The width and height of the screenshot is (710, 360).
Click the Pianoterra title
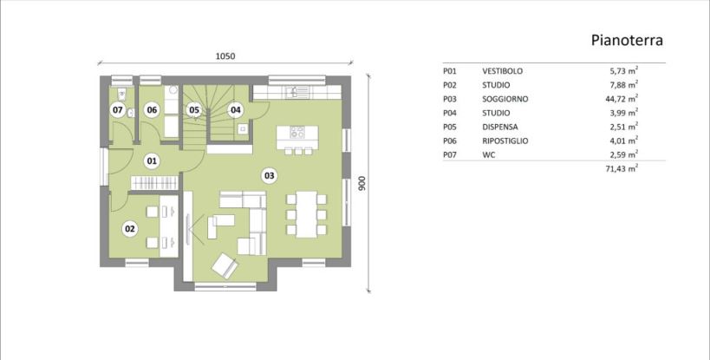(x=627, y=40)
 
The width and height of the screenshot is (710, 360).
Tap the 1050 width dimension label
(x=225, y=56)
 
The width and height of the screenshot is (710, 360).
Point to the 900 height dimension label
(x=362, y=183)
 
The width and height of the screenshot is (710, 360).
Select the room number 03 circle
(x=269, y=175)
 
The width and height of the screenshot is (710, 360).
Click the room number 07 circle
(x=118, y=109)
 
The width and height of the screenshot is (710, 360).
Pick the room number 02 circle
(x=130, y=229)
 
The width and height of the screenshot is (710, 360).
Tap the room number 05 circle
(x=194, y=109)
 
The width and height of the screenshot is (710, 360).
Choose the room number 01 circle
(x=152, y=160)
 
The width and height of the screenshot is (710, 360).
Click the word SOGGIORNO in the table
(x=505, y=99)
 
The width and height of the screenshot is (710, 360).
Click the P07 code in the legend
(x=450, y=155)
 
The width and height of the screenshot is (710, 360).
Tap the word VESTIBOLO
(x=502, y=71)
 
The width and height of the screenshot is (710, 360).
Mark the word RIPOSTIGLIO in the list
(x=505, y=141)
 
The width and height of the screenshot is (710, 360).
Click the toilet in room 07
(x=122, y=94)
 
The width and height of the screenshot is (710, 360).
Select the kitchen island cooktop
(x=297, y=132)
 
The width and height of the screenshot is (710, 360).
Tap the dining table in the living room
(x=307, y=214)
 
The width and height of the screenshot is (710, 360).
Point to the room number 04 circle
(x=236, y=109)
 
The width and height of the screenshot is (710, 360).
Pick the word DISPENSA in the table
(x=500, y=127)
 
